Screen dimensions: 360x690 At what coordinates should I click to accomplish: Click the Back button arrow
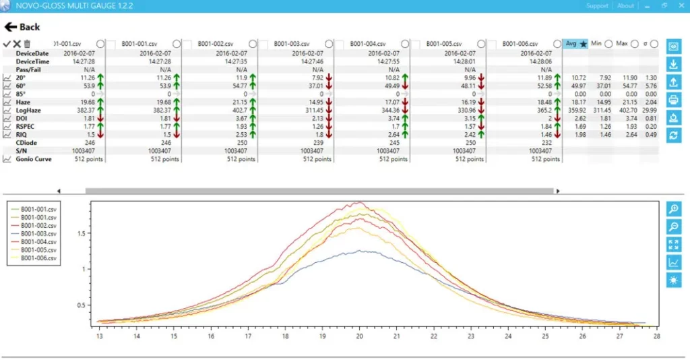[x=11, y=27]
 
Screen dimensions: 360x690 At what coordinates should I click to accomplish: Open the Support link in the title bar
[x=597, y=6]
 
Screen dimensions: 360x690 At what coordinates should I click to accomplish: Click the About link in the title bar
[x=625, y=6]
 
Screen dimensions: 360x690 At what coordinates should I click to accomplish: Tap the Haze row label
[x=24, y=102]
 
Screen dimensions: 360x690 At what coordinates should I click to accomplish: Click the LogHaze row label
[x=29, y=110]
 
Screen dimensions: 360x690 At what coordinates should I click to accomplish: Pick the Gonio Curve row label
[x=34, y=159]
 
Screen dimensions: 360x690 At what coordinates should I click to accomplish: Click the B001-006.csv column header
[x=519, y=44]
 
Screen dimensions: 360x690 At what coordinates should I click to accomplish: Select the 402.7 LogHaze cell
[x=241, y=110]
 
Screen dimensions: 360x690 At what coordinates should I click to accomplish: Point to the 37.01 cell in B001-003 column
[x=313, y=86]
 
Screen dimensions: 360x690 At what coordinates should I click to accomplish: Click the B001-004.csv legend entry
[x=39, y=241]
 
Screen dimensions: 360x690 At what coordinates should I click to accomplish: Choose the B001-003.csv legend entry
[x=39, y=233]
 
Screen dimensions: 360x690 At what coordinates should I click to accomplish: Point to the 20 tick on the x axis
[x=360, y=335]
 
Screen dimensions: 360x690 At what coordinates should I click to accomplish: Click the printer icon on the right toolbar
[x=673, y=100]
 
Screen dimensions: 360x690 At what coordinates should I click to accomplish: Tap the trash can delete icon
[x=27, y=44]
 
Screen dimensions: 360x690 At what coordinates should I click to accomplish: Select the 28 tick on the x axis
[x=656, y=335]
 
